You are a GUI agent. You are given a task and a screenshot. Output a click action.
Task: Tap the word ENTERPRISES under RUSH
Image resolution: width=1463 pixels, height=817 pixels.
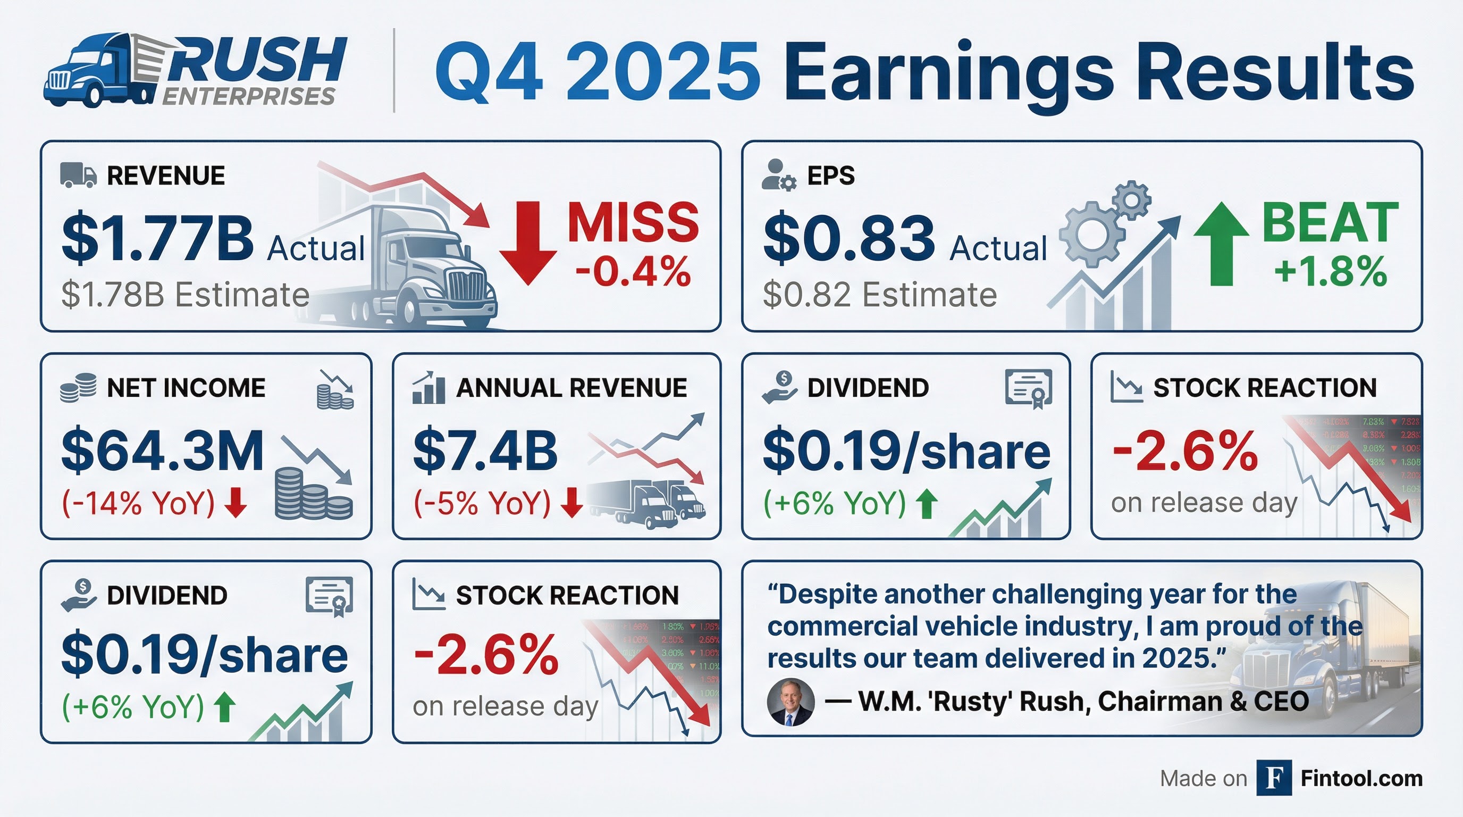pyautogui.click(x=249, y=97)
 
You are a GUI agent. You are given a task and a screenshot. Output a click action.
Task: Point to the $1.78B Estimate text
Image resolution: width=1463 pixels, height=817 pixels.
pyautogui.click(x=185, y=295)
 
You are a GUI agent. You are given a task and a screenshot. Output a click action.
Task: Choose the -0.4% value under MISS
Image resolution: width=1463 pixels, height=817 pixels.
pyautogui.click(x=633, y=272)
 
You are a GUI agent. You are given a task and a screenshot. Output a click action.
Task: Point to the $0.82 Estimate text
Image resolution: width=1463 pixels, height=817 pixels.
pyautogui.click(x=880, y=295)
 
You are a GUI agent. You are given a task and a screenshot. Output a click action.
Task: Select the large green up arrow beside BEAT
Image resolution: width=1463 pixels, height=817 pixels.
pyautogui.click(x=1221, y=244)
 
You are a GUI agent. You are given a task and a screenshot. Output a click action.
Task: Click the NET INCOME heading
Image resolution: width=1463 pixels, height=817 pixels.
pyautogui.click(x=186, y=388)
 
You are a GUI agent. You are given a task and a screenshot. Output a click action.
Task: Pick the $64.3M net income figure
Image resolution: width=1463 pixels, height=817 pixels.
pyautogui.click(x=163, y=451)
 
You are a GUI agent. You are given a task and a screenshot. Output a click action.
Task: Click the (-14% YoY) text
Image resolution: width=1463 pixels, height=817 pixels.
pyautogui.click(x=138, y=503)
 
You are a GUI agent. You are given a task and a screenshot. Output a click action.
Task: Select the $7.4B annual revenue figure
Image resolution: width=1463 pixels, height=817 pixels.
pyautogui.click(x=485, y=451)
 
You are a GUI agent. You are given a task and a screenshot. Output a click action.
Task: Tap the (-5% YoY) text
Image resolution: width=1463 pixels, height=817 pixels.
pyautogui.click(x=482, y=503)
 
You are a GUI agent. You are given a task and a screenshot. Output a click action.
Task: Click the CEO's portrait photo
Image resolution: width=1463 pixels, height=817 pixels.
pyautogui.click(x=791, y=702)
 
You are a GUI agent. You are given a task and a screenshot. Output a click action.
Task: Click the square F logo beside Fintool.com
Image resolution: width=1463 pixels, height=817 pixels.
pyautogui.click(x=1274, y=778)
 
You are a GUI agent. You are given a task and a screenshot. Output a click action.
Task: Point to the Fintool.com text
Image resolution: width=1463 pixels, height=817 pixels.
pyautogui.click(x=1361, y=778)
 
